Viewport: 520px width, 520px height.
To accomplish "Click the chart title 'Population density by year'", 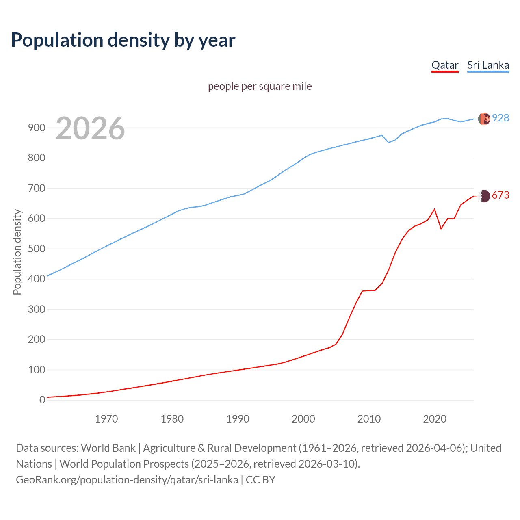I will tap(123, 40).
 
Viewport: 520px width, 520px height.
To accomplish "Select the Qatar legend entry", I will tap(445, 65).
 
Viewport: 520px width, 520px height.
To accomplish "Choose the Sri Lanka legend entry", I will tap(488, 65).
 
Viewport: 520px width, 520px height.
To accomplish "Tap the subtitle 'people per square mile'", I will tap(260, 87).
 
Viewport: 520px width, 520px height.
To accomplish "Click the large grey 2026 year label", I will tap(90, 128).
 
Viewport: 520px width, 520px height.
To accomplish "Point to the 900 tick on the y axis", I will tap(36, 128).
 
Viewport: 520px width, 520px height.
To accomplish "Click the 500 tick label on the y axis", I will tap(36, 249).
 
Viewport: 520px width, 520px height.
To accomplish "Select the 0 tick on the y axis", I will tap(42, 400).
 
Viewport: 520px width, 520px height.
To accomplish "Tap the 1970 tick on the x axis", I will tap(106, 418).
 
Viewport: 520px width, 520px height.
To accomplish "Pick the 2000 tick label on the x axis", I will tap(303, 418).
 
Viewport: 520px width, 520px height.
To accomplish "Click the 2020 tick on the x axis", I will tap(435, 418).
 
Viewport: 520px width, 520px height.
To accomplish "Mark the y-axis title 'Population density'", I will tap(17, 252).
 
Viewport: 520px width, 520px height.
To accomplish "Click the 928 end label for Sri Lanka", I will tap(500, 118).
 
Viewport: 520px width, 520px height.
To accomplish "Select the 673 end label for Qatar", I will tap(500, 195).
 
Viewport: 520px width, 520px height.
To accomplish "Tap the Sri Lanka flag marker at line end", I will tap(484, 119).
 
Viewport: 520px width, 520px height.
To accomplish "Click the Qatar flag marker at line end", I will tap(484, 196).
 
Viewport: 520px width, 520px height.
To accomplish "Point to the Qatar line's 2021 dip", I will tap(441, 229).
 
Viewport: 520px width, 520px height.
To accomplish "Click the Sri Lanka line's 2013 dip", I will tap(388, 142).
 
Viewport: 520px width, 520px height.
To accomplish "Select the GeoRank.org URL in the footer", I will tap(127, 480).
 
